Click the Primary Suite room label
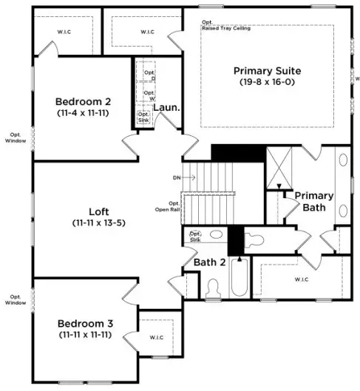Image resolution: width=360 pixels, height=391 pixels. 267,71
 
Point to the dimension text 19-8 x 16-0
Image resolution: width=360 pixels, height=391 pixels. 267,82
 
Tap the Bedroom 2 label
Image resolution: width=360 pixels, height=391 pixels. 83,102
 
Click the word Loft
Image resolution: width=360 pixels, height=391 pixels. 100,211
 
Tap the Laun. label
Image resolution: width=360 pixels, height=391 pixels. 166,108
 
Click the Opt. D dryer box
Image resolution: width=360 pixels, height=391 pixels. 149,75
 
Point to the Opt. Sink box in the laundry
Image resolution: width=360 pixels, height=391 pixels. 143,117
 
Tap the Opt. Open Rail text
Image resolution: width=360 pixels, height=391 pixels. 174,206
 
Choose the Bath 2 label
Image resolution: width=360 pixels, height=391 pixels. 210,262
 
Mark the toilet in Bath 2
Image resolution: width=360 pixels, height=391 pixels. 213,287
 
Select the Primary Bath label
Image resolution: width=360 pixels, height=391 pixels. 313,202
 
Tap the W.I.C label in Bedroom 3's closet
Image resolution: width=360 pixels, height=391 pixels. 156,338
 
